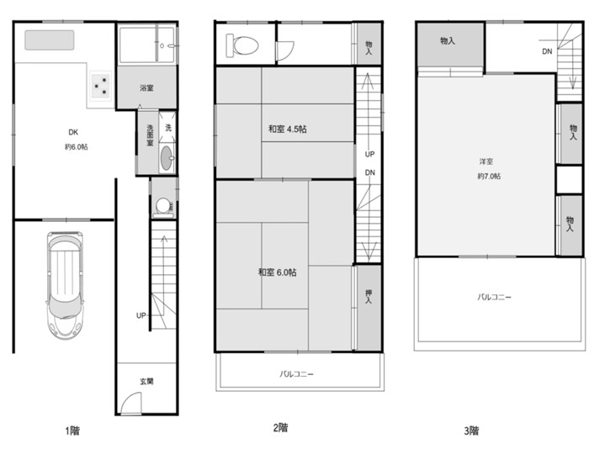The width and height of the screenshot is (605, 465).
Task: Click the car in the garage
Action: click(x=65, y=285)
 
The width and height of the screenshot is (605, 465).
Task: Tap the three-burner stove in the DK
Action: click(x=100, y=87)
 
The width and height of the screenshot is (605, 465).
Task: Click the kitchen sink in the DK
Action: click(x=50, y=40)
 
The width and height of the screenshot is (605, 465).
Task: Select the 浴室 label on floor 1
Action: click(x=146, y=88)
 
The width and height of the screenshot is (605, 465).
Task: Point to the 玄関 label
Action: click(x=146, y=381)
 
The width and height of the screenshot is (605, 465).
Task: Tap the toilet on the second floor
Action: click(x=242, y=45)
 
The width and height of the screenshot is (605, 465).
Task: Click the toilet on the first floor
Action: click(x=163, y=208)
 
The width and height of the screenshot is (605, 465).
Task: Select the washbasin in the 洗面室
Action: click(x=167, y=158)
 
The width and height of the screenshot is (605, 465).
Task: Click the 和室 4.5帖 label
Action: click(x=288, y=129)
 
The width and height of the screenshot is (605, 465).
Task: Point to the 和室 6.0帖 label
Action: click(x=278, y=272)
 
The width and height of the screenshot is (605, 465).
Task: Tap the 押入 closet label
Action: click(x=369, y=296)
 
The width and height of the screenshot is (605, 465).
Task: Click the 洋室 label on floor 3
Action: click(x=486, y=162)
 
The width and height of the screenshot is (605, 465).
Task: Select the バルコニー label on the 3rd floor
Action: click(x=494, y=298)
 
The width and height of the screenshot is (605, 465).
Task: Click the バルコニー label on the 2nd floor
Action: click(x=297, y=374)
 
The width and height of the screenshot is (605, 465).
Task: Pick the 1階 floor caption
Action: click(x=72, y=431)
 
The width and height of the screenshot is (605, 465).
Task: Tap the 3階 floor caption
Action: click(x=471, y=431)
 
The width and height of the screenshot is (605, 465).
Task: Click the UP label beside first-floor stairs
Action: click(x=141, y=315)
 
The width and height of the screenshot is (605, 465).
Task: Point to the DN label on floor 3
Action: click(x=547, y=51)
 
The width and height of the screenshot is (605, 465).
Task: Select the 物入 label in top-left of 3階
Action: click(x=448, y=40)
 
